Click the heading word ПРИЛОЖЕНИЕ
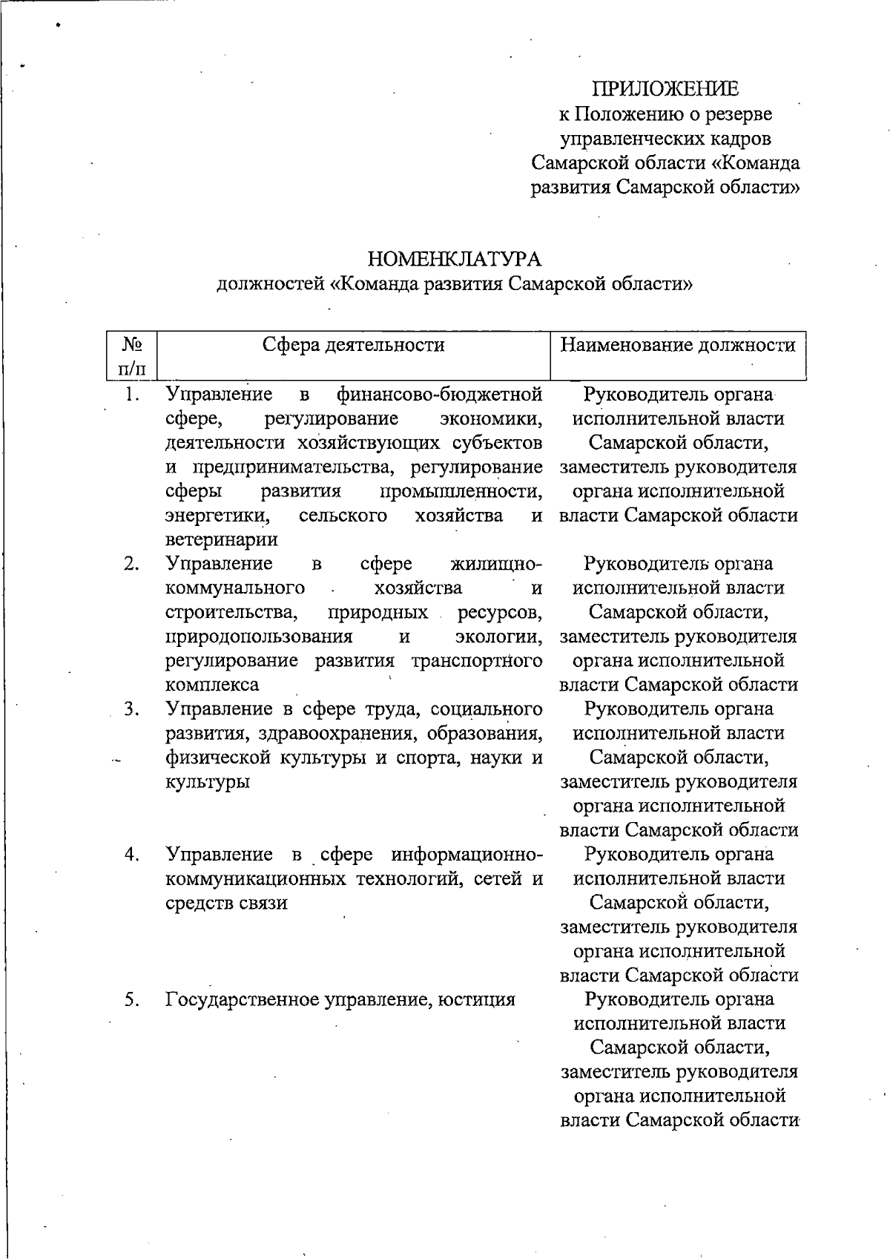pyautogui.click(x=665, y=89)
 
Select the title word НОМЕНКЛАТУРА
pyautogui.click(x=454, y=259)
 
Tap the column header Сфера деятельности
pyautogui.click(x=354, y=345)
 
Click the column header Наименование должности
pyautogui.click(x=678, y=345)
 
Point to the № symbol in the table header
pyautogui.click(x=132, y=345)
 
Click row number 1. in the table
pyautogui.click(x=133, y=394)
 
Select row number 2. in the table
pyautogui.click(x=132, y=564)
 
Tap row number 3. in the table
pyautogui.click(x=132, y=709)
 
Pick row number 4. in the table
pyautogui.click(x=132, y=855)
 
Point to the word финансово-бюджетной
pyautogui.click(x=439, y=394)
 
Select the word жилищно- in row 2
pyautogui.click(x=496, y=564)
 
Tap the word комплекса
pyautogui.click(x=211, y=684)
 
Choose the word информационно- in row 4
pyautogui.click(x=467, y=855)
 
